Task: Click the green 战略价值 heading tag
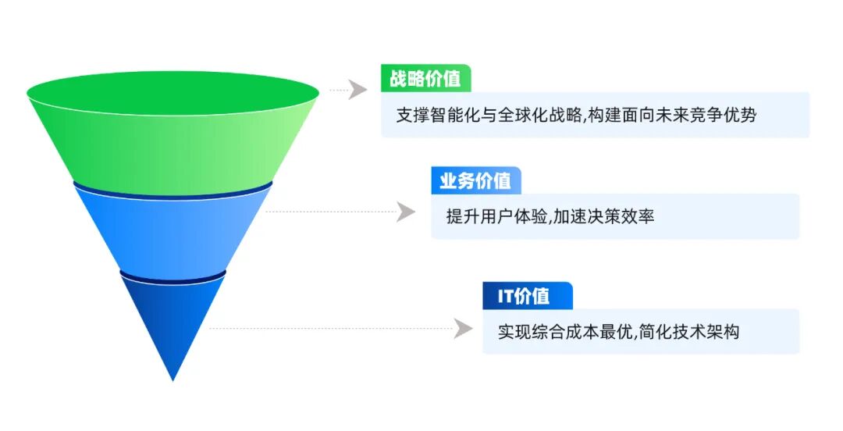pyautogui.click(x=426, y=79)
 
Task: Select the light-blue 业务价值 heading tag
pyautogui.click(x=476, y=180)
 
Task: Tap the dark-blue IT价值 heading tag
pyautogui.click(x=528, y=296)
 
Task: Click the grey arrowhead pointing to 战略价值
pyautogui.click(x=357, y=89)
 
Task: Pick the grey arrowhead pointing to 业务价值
pyautogui.click(x=406, y=212)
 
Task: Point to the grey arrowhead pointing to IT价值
pyautogui.click(x=464, y=328)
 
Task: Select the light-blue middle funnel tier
pyautogui.click(x=173, y=231)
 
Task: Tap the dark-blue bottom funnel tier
pyautogui.click(x=173, y=318)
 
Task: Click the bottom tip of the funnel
pyautogui.click(x=173, y=380)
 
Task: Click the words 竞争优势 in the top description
pyautogui.click(x=723, y=115)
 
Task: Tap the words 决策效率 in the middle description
pyautogui.click(x=621, y=216)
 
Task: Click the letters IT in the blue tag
pyautogui.click(x=505, y=296)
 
